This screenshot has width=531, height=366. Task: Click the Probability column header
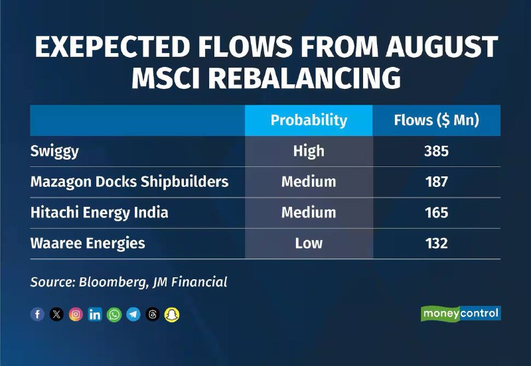[x=309, y=121]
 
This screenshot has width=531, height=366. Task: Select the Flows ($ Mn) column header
[x=437, y=121]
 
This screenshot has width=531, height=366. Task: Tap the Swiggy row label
[x=54, y=152]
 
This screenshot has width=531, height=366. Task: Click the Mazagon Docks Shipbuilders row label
[x=129, y=182]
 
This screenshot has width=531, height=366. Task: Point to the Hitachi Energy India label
[x=99, y=213]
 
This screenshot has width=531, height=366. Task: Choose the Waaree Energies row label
[x=88, y=243]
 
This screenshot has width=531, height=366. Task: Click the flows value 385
[x=437, y=151]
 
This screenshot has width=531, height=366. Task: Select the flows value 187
[x=437, y=182]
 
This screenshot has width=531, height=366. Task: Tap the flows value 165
[x=437, y=212]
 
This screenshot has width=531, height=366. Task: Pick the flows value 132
[x=437, y=243]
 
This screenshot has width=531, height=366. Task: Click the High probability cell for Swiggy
[x=309, y=151]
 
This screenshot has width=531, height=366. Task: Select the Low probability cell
[x=309, y=243]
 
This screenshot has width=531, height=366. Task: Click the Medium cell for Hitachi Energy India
[x=309, y=212]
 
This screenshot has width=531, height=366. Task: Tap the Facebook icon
[x=37, y=314]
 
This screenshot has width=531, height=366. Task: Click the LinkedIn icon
[x=95, y=314]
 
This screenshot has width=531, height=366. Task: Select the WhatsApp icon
[x=114, y=314]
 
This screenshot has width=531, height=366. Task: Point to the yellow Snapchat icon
[x=172, y=314]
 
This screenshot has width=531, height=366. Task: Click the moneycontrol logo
[x=461, y=313]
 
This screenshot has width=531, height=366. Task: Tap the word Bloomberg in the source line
[x=113, y=282]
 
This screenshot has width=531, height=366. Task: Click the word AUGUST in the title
[x=441, y=46]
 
